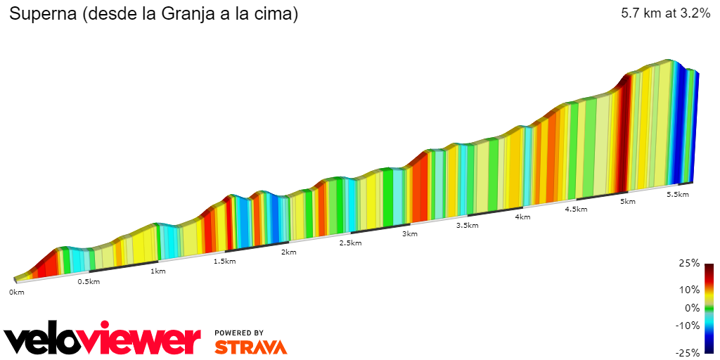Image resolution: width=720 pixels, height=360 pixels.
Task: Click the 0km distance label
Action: coord(17,292)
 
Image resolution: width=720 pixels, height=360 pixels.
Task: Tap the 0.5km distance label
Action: coord(88,281)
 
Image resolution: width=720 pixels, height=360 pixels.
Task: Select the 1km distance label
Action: coord(158,271)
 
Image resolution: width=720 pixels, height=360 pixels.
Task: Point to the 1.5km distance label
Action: coord(224,261)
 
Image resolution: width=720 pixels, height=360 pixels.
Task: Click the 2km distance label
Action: coord(288,252)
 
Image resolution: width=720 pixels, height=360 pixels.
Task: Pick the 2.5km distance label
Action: coord(350,243)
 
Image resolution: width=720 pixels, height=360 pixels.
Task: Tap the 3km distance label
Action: coord(410,233)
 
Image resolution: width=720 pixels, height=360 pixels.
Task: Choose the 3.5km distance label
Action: coord(467,225)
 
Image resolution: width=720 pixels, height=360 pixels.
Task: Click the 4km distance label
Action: coord(522,217)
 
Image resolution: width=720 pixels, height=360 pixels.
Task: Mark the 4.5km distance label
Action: coord(576,209)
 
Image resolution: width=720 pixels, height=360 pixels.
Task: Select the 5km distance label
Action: coord(627,202)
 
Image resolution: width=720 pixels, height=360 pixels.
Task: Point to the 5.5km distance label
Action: coord(678,194)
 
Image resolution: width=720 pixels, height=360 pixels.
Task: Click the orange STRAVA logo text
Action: coord(250,347)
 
